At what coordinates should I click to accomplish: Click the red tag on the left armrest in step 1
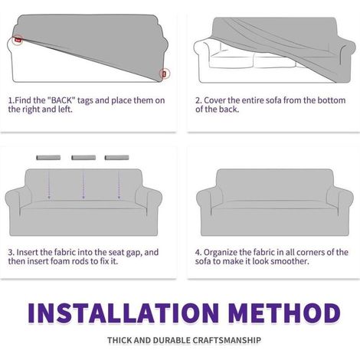[18, 40]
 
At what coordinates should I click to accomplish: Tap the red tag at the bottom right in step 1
[165, 74]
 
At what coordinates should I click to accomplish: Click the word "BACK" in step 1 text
[61, 100]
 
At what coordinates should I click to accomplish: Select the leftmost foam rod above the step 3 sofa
[48, 158]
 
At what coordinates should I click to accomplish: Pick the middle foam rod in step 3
[83, 158]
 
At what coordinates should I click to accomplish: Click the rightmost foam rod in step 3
[117, 158]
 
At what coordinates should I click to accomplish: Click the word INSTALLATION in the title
[123, 313]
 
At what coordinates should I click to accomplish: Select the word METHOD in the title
[284, 313]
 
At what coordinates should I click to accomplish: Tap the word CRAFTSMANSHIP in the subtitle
[227, 340]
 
